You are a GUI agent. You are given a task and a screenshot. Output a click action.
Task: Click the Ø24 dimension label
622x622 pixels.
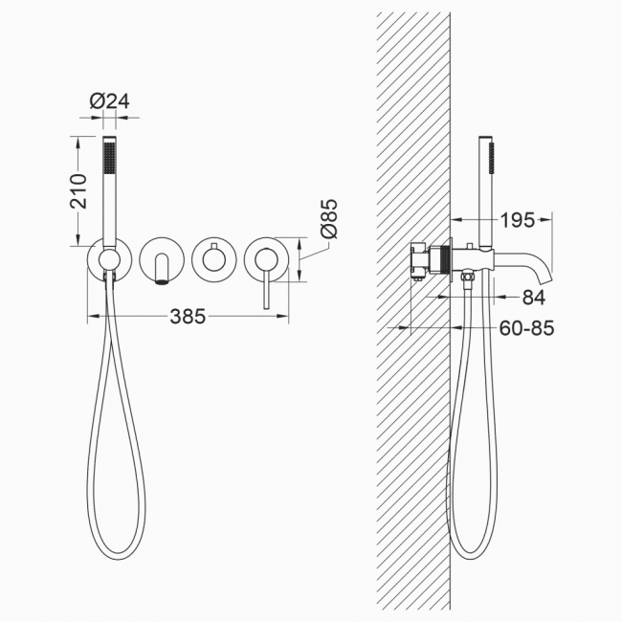click(109, 101)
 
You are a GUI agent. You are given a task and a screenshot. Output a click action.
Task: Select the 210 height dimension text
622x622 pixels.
click(78, 190)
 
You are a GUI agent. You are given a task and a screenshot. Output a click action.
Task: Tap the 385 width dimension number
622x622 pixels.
click(188, 316)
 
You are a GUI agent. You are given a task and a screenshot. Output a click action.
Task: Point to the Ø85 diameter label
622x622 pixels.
click(329, 218)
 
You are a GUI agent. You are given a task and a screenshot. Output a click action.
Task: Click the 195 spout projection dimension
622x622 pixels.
click(518, 220)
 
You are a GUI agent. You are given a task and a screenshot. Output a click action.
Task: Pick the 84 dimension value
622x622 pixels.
click(534, 297)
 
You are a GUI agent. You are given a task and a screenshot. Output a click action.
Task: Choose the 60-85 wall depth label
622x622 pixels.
click(526, 328)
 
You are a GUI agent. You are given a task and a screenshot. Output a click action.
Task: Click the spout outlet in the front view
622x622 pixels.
click(161, 282)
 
